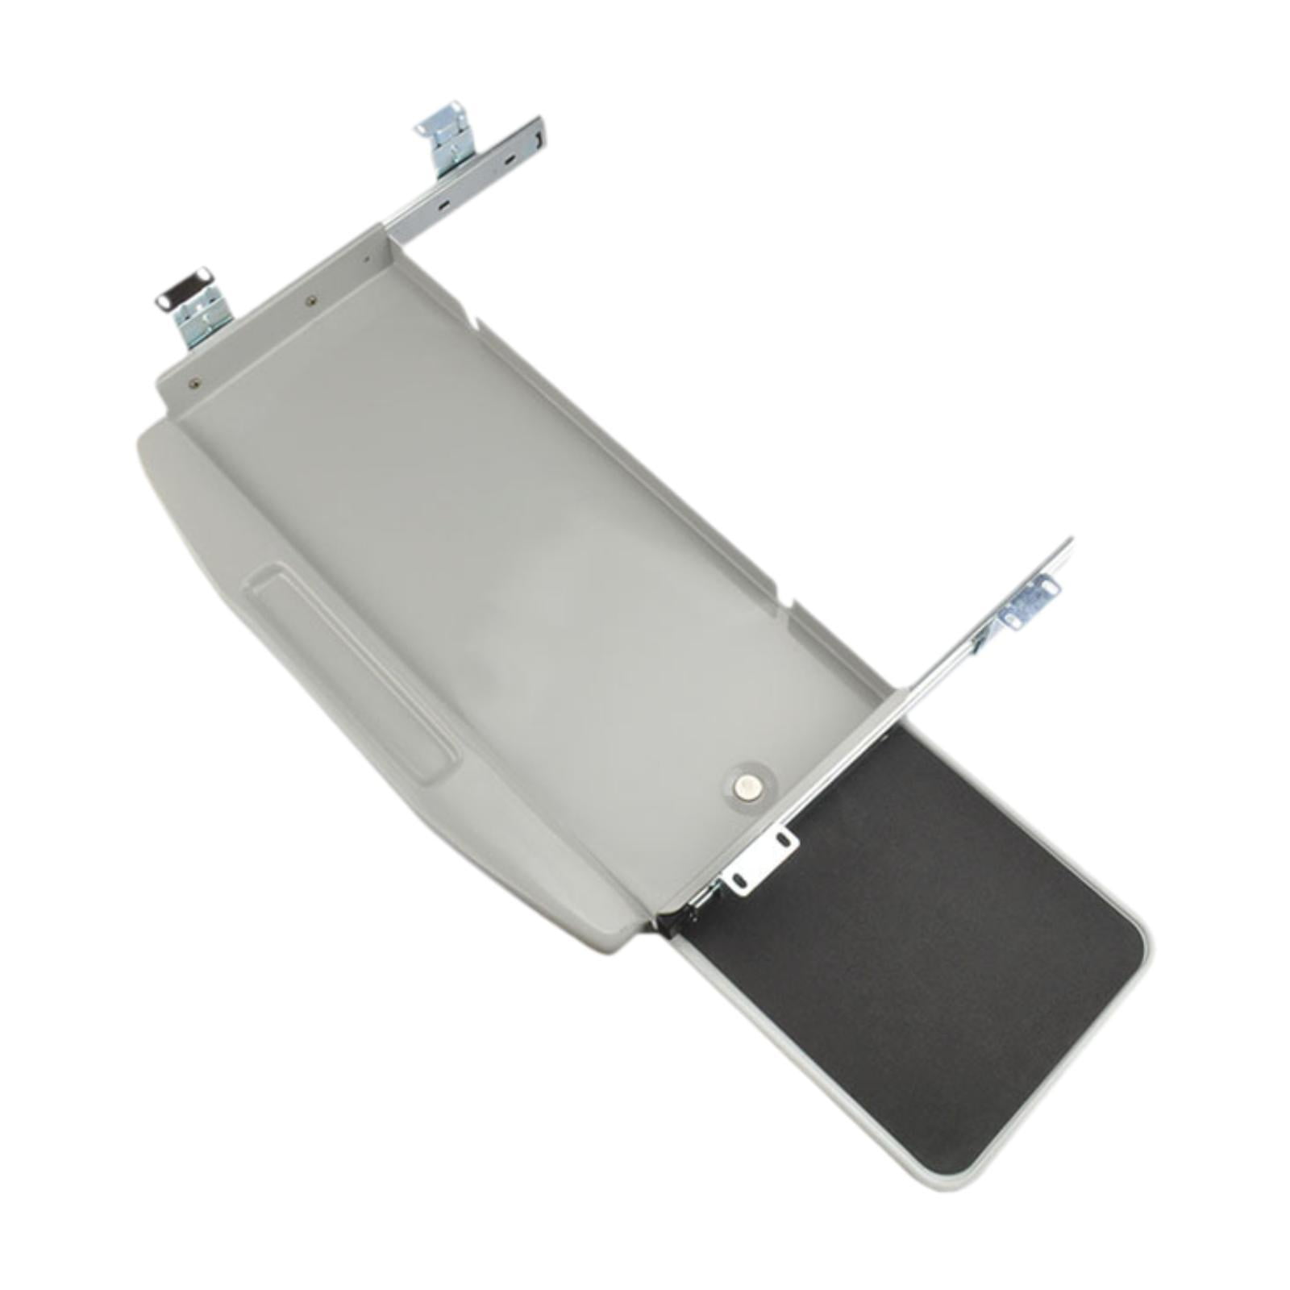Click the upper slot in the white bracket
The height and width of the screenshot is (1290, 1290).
click(780, 840)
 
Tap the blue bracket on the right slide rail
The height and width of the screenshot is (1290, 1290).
click(1030, 600)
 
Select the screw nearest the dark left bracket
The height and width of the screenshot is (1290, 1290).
click(193, 384)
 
